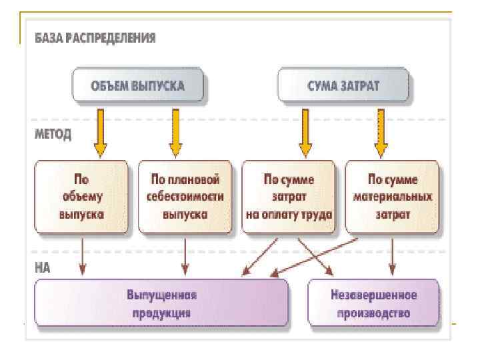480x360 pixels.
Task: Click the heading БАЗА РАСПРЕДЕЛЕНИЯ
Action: (x=95, y=38)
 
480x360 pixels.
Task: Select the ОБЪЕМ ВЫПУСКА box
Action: (x=138, y=85)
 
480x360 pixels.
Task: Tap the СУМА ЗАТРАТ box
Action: (x=343, y=85)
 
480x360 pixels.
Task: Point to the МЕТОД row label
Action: (x=53, y=134)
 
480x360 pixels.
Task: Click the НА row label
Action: (x=42, y=268)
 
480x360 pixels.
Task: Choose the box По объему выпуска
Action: (x=81, y=197)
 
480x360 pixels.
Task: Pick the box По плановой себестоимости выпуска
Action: (x=185, y=197)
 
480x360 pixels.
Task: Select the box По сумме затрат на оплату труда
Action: (x=289, y=197)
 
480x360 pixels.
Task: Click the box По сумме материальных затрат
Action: (x=392, y=197)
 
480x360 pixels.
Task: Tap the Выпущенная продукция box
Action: (x=161, y=303)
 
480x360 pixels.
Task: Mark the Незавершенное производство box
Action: (x=373, y=303)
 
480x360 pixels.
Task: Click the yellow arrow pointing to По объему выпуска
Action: (x=101, y=133)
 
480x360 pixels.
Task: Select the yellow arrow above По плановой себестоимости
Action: (x=176, y=133)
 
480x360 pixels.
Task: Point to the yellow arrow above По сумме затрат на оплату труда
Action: (x=305, y=133)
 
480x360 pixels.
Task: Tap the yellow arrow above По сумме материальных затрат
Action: (x=381, y=133)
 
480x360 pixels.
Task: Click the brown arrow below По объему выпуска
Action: (x=83, y=257)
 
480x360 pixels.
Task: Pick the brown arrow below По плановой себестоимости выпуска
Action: (x=185, y=257)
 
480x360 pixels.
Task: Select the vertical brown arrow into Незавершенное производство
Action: (x=392, y=257)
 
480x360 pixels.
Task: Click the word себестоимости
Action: (x=185, y=197)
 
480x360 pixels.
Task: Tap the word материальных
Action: (x=393, y=197)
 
